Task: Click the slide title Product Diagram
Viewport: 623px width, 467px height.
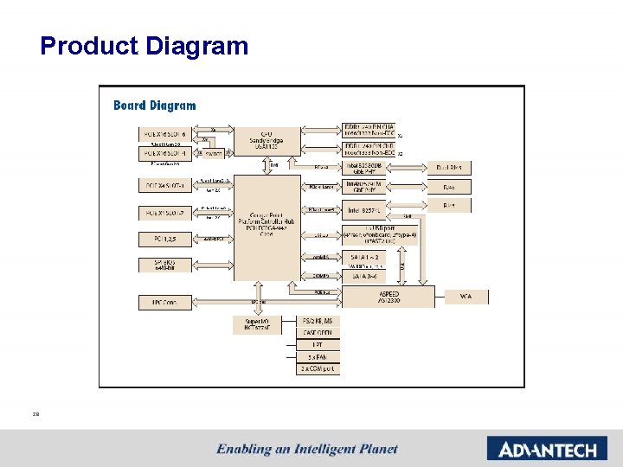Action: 145,46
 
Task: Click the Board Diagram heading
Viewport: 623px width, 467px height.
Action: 155,106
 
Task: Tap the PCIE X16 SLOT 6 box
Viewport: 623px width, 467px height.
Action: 165,133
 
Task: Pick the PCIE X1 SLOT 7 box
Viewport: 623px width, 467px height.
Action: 165,213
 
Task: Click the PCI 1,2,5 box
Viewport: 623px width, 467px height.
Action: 165,239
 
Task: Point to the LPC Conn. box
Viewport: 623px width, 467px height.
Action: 165,303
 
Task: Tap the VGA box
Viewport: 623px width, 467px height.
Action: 466,297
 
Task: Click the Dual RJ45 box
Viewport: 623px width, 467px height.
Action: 448,168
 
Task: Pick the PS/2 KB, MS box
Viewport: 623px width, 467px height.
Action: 318,321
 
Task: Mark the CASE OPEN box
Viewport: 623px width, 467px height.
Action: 318,333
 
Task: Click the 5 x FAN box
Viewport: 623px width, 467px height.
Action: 318,356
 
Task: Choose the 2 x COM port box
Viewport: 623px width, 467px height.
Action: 318,368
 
